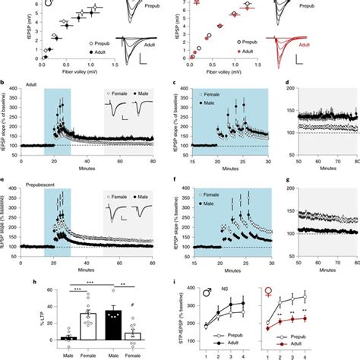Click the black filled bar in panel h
click(114, 323)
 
